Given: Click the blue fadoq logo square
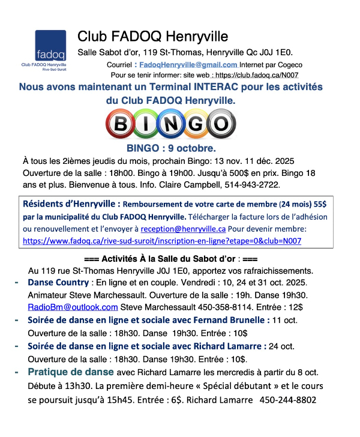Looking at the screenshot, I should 50,45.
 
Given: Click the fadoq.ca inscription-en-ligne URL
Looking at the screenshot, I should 161,240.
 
